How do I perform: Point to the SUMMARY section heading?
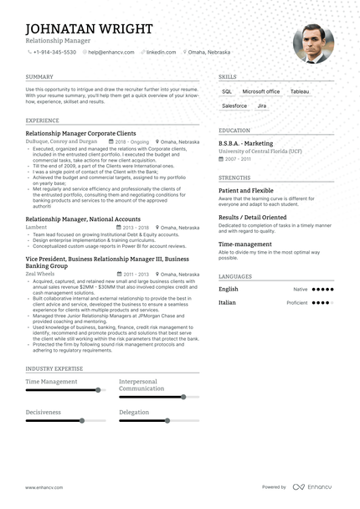click(39, 76)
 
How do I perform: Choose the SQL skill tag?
click(227, 91)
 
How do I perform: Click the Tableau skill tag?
click(299, 91)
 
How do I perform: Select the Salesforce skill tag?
click(234, 106)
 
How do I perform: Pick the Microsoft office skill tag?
click(261, 91)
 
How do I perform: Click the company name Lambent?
click(36, 227)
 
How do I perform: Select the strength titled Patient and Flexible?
click(246, 191)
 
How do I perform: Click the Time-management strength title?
click(244, 244)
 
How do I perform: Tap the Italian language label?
click(228, 303)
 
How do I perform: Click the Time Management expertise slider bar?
click(63, 390)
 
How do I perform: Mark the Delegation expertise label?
click(134, 413)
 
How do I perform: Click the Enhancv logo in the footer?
click(312, 486)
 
